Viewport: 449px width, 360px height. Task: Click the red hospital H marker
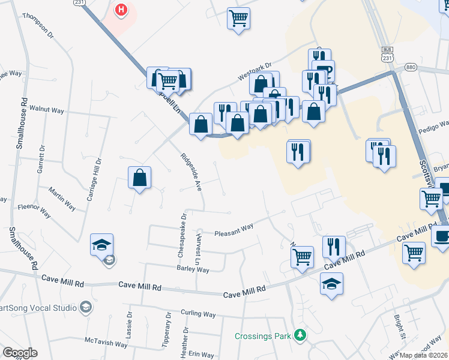pos(122,10)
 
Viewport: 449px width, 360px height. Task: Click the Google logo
pos(19,353)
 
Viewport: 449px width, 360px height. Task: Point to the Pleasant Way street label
pos(234,229)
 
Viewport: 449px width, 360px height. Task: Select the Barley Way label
pos(192,270)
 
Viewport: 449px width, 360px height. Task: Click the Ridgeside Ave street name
pos(191,172)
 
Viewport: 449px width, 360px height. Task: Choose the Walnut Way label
pos(47,110)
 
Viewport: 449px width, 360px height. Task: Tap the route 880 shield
pos(411,67)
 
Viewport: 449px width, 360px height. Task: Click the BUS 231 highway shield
pos(387,53)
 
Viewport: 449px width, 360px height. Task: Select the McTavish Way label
pos(106,344)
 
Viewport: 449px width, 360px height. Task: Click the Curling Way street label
pos(198,314)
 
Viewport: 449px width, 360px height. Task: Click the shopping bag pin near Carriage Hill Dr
pos(139,178)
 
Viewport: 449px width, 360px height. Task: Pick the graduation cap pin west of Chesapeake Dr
pos(101,245)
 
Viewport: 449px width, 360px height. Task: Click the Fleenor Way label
pos(34,211)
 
